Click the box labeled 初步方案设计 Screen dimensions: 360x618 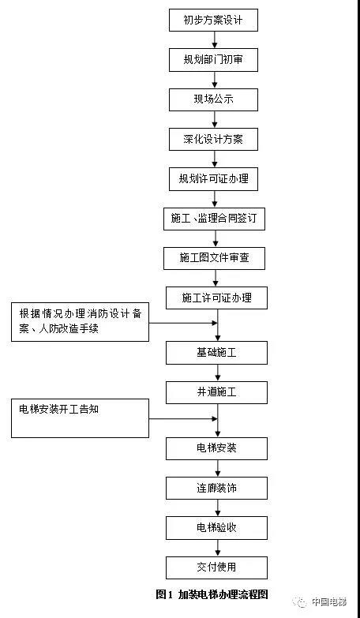pos(213,20)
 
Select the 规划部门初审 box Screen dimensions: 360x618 pos(213,60)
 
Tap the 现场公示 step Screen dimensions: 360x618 pos(213,99)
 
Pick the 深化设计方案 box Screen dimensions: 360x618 pos(213,140)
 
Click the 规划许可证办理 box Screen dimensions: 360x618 pos(213,179)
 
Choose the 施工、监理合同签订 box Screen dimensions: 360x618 pos(214,219)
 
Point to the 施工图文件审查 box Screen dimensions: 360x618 pos(214,259)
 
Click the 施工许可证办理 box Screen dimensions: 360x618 pos(216,298)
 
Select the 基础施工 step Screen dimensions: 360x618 pos(216,353)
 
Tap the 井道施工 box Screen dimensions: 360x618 pos(216,392)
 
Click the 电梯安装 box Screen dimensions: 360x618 pos(216,448)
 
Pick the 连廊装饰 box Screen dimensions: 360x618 pos(216,489)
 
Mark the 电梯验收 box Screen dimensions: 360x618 pos(216,528)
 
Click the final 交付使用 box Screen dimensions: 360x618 pos(216,567)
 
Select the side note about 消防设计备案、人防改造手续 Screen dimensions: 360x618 pos(80,322)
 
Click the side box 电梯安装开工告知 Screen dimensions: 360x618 pos(80,418)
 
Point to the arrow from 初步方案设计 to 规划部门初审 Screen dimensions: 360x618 pos(215,40)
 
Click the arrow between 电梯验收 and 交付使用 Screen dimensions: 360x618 pos(217,548)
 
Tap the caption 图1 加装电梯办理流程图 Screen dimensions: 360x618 pos(212,594)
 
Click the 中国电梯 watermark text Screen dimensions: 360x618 pos(329,602)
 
